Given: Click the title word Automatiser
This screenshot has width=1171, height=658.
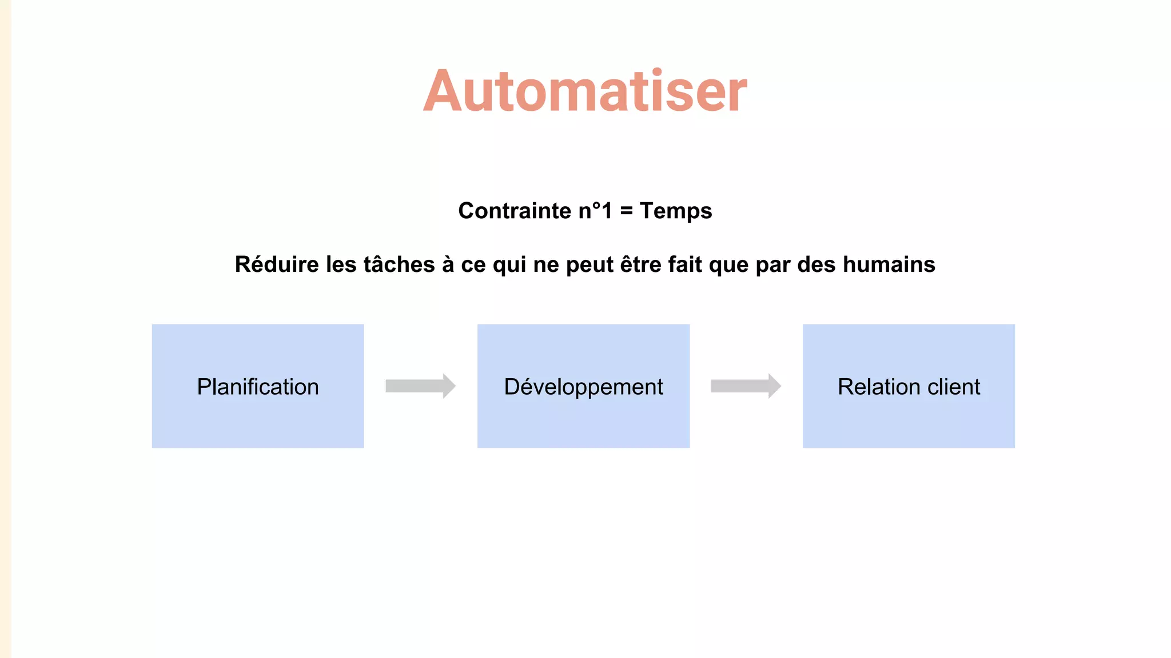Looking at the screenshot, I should click(x=585, y=91).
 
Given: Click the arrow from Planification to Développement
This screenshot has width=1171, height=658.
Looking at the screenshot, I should click(x=420, y=386).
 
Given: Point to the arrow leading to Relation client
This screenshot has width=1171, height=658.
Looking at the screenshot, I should click(x=746, y=386).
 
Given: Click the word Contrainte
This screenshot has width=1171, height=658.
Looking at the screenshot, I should click(x=514, y=211).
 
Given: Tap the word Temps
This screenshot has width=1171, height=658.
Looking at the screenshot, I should click(x=676, y=211).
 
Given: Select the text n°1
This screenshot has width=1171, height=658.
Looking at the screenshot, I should click(x=595, y=211).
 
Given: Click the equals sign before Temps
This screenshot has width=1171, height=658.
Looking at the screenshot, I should click(x=627, y=211).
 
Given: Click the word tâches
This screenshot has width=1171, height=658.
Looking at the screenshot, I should click(x=399, y=264).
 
